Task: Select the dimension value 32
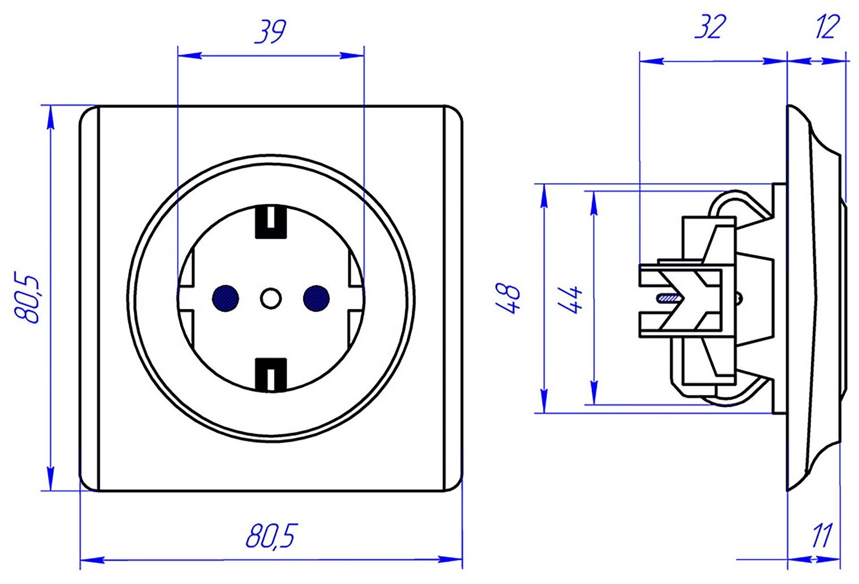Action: pyautogui.click(x=710, y=27)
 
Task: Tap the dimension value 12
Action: pyautogui.click(x=827, y=27)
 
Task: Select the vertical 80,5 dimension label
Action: pyautogui.click(x=28, y=298)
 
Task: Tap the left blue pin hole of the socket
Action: pyautogui.click(x=225, y=297)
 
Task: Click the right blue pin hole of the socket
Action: pyautogui.click(x=316, y=297)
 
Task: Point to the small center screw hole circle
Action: pyautogui.click(x=271, y=298)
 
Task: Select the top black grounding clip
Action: pyautogui.click(x=271, y=221)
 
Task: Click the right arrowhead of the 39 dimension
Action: pyautogui.click(x=352, y=55)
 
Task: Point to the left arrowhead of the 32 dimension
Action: pyautogui.click(x=652, y=60)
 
